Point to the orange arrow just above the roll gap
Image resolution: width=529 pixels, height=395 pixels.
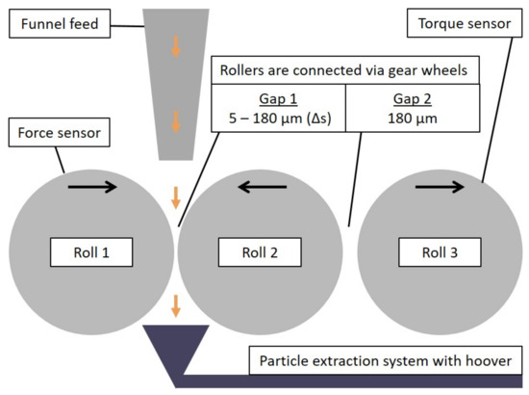click(175, 197)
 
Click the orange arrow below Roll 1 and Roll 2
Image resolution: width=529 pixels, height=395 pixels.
click(175, 306)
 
